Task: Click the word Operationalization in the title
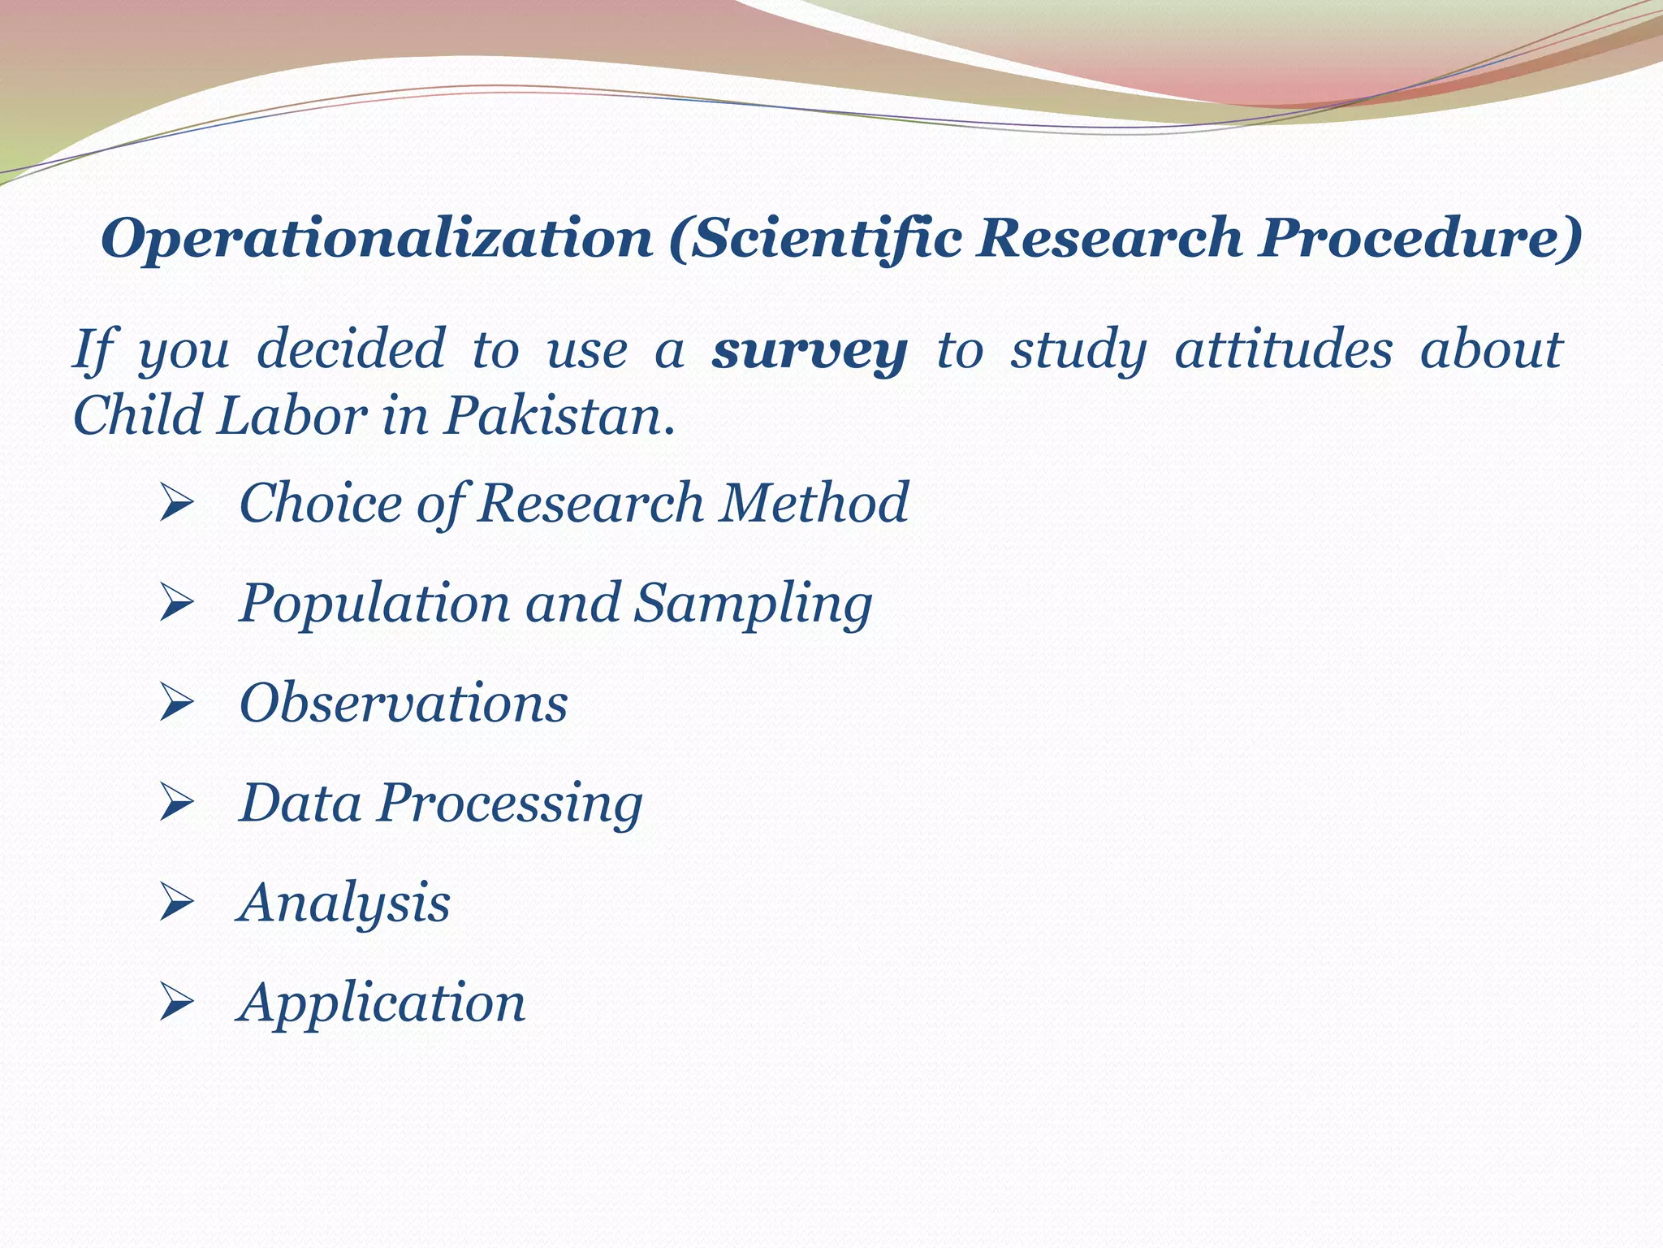[x=377, y=239]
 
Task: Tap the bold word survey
[x=810, y=351]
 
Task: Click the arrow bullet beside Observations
[x=176, y=702]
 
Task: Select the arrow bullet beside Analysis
[x=176, y=903]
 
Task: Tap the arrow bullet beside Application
[x=176, y=1002]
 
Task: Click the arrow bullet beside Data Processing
[x=176, y=803]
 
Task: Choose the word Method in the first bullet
[x=814, y=503]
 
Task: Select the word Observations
[x=404, y=703]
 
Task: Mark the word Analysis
[x=344, y=903]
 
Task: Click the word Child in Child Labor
[x=138, y=416]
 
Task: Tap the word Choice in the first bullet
[x=320, y=503]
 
